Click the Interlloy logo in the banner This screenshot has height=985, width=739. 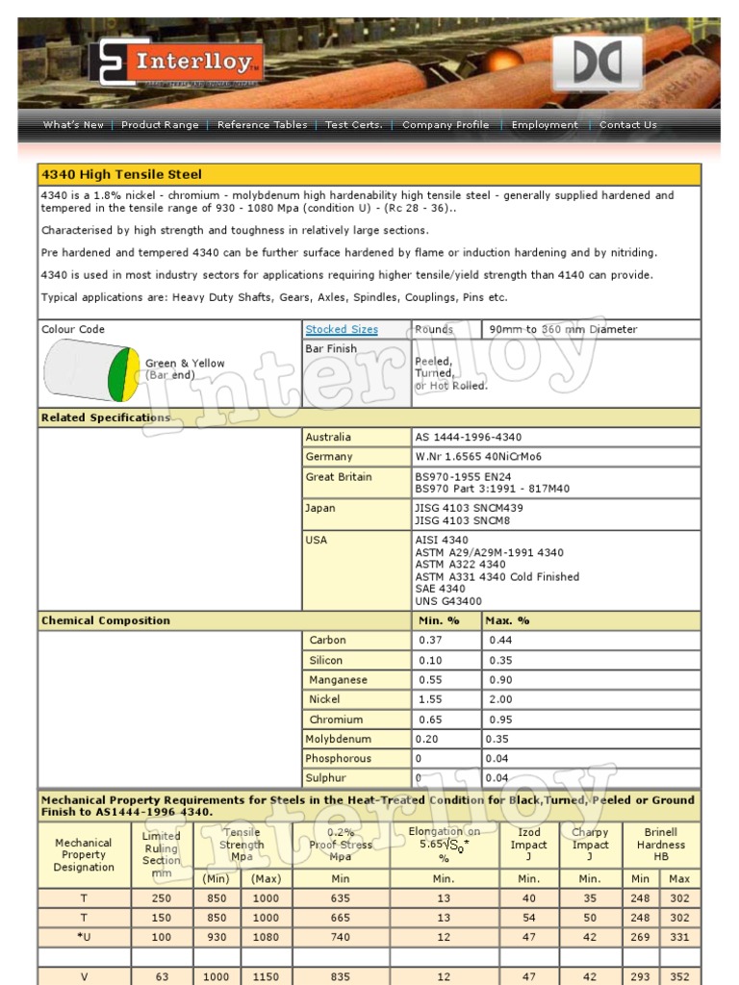point(177,63)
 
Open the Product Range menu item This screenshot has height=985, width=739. point(160,125)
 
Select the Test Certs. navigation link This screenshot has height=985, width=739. point(353,125)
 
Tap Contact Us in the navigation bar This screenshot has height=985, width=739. point(627,125)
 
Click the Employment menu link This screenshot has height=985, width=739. point(545,125)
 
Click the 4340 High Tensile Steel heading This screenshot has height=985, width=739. point(121,175)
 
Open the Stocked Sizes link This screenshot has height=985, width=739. point(342,330)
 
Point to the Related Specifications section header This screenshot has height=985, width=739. point(105,418)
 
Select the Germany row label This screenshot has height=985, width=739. point(329,457)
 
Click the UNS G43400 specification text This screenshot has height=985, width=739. point(448,601)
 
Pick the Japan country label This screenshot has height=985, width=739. point(320,508)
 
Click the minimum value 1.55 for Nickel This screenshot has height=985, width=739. point(432,700)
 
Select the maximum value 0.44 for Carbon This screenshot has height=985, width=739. point(500,641)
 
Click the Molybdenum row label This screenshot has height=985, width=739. point(338,740)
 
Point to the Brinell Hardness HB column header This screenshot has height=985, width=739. point(660,845)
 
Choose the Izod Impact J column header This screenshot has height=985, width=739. point(528,845)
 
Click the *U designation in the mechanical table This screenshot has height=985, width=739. point(84,937)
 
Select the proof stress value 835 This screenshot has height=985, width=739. point(341,976)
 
